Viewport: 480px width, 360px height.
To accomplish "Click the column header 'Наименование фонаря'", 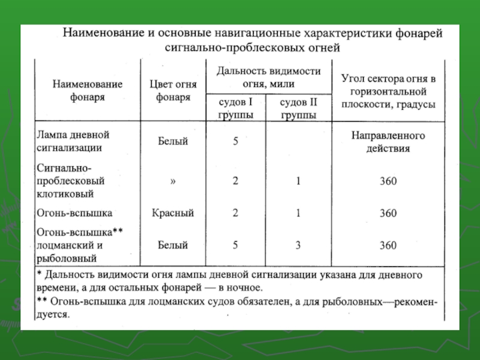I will coord(88,90).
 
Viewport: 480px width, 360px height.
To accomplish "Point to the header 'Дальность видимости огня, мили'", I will coord(268,77).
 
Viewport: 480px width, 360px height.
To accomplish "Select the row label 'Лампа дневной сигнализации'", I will coord(74,141).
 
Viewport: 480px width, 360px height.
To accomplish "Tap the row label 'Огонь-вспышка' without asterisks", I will coord(74,212).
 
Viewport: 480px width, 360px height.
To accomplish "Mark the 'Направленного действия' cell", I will coord(388,142).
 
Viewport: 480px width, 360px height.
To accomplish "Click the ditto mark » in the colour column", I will coord(173,181).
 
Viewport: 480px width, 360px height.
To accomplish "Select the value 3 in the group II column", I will coord(298,245).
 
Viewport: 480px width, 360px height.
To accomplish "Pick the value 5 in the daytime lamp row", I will coord(236,142).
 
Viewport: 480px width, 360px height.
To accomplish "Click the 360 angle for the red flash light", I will coord(388,212).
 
